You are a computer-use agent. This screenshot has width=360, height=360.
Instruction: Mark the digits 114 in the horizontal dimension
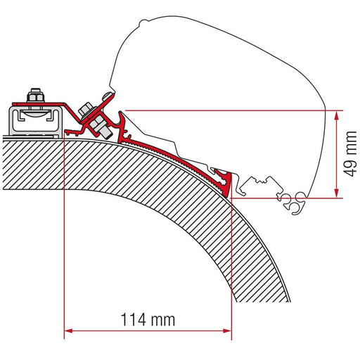click(133, 321)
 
